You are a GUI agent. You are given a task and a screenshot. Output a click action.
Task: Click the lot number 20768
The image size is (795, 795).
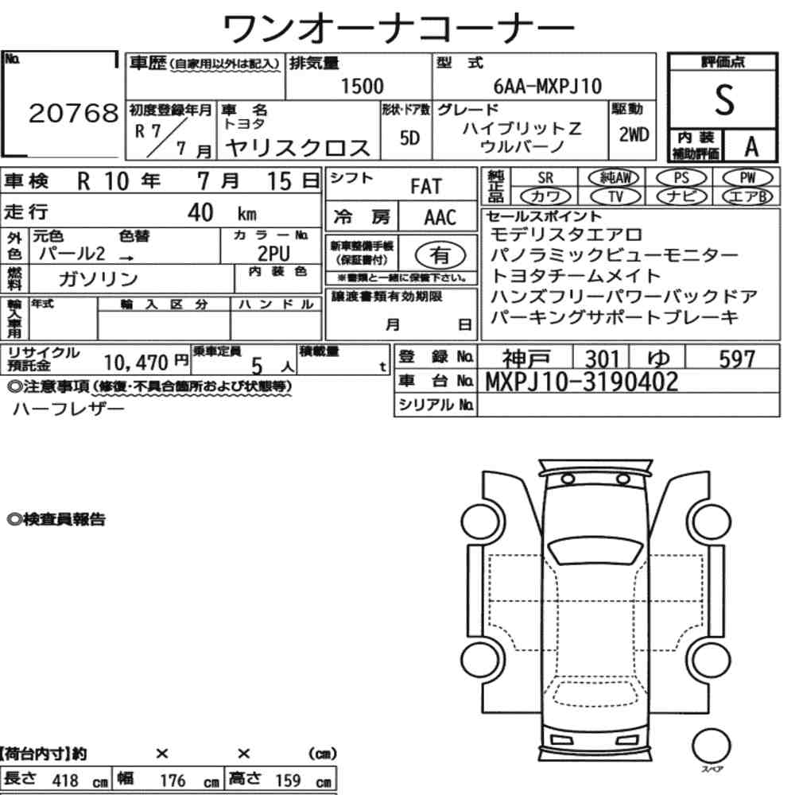[73, 114]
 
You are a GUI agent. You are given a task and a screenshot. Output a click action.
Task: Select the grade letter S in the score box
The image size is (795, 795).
[723, 100]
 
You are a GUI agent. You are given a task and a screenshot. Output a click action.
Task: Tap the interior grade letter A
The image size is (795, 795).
[750, 146]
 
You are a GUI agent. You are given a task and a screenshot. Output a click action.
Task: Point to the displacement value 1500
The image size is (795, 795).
[362, 87]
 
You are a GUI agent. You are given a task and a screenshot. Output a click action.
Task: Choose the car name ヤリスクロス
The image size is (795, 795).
[298, 148]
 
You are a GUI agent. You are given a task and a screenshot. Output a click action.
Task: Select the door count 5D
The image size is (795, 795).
[409, 138]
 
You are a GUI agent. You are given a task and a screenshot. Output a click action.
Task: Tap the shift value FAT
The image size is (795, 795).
[425, 187]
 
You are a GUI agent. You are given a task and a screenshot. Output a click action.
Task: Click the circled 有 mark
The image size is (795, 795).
[440, 254]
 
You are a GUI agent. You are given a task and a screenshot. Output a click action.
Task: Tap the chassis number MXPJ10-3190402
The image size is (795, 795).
[582, 382]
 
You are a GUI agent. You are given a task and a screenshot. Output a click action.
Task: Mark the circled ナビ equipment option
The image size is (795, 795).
[681, 196]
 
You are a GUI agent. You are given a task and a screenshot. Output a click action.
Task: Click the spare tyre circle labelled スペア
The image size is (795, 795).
[710, 747]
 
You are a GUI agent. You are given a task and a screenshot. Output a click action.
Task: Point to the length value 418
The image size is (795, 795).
[65, 780]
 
